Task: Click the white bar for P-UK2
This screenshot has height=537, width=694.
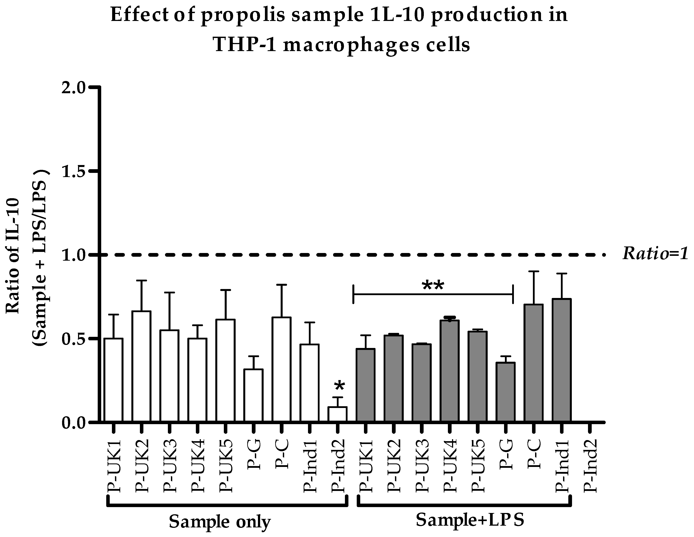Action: click(x=141, y=367)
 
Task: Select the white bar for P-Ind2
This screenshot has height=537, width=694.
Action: click(x=337, y=415)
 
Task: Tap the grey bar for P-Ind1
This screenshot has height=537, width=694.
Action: click(x=562, y=360)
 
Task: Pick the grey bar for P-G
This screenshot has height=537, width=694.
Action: click(x=505, y=392)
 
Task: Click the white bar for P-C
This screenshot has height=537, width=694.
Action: click(x=281, y=370)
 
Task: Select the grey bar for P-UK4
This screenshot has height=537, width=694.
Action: click(x=449, y=371)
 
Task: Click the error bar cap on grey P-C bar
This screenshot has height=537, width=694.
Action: click(x=534, y=271)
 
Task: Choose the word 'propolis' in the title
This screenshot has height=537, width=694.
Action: click(x=243, y=15)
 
